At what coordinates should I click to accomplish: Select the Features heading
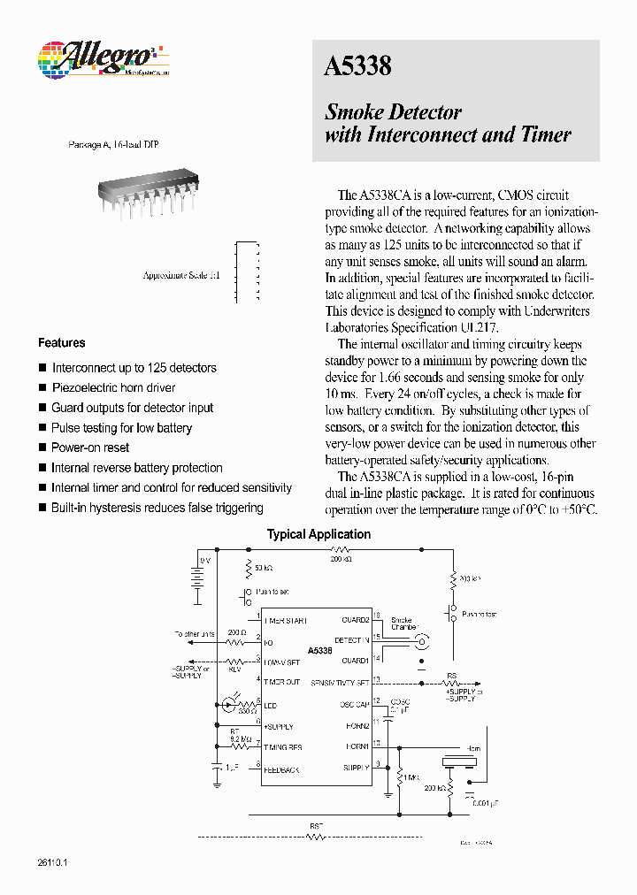[61, 343]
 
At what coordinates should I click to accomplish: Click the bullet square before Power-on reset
[42, 448]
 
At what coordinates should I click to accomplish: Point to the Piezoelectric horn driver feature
[113, 388]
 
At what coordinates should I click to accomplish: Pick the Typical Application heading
[318, 534]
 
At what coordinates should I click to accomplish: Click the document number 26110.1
[53, 862]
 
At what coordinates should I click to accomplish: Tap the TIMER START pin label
[284, 621]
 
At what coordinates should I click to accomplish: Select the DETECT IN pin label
[351, 639]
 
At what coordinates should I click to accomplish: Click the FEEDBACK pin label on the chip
[280, 769]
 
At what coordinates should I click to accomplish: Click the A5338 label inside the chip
[320, 651]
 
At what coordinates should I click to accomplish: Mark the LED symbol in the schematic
[232, 704]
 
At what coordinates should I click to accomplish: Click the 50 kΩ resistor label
[264, 566]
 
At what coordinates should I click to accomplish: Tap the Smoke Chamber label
[403, 623]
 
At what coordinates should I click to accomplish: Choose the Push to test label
[479, 614]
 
